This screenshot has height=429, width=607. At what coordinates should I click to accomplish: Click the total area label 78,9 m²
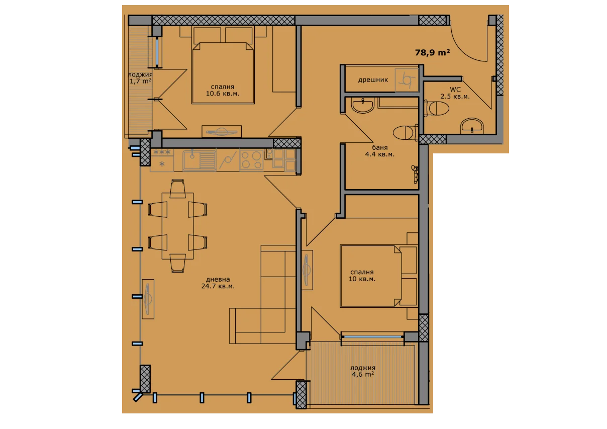[432, 52]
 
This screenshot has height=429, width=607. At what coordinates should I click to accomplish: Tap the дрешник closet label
[373, 80]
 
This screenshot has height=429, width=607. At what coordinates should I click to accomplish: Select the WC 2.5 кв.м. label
[455, 93]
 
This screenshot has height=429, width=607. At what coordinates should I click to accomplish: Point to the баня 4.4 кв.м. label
[380, 151]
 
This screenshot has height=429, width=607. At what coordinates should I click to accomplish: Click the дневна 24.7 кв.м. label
[218, 283]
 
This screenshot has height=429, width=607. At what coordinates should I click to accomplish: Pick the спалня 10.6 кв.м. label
[223, 90]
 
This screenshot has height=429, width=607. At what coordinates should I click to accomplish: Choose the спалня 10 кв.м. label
[362, 275]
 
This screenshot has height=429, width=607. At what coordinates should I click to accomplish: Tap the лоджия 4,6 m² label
[363, 371]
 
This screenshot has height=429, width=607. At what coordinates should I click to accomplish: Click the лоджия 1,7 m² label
[140, 78]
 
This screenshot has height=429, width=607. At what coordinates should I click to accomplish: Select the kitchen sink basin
[199, 160]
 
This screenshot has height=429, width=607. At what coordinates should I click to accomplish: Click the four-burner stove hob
[251, 160]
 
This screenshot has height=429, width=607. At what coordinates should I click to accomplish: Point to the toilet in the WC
[436, 108]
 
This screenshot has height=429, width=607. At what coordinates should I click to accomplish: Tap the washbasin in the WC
[471, 126]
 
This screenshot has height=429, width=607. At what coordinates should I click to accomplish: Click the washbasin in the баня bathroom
[363, 105]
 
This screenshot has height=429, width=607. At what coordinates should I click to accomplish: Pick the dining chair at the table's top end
[177, 189]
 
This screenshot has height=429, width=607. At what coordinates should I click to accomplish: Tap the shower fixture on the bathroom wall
[415, 174]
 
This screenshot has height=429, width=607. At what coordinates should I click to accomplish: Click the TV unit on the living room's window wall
[148, 299]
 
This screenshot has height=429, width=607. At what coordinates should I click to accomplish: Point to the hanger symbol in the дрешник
[407, 80]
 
